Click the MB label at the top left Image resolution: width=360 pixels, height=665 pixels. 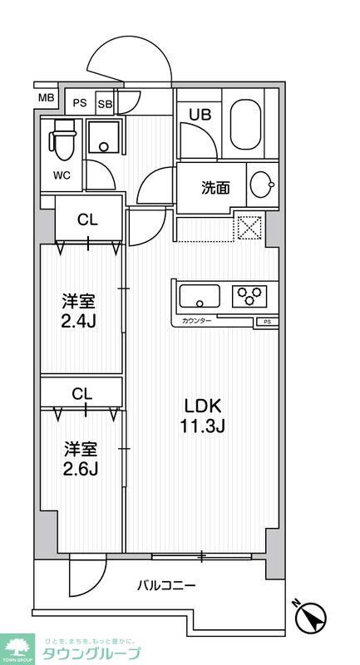click(47, 99)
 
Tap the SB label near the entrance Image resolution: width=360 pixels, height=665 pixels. click(105, 104)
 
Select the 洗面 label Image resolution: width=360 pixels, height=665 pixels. click(215, 187)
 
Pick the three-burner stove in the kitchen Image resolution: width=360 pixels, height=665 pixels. click(250, 294)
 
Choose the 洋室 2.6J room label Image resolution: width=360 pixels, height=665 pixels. click(81, 459)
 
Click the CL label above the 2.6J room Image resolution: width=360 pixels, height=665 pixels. click(82, 393)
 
